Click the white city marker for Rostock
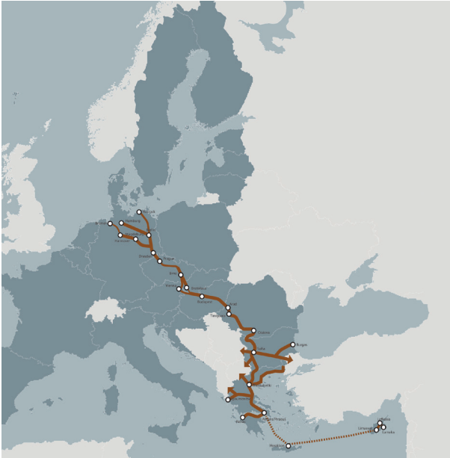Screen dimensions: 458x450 tap(140, 212)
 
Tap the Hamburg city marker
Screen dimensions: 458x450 tap(122, 223)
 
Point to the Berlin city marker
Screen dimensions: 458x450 tap(149, 235)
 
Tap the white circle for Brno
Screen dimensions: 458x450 tap(181, 275)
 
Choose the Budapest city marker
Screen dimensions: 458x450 tap(202, 297)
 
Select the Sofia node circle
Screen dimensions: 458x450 tap(254, 352)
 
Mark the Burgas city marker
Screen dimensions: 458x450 tap(292, 345)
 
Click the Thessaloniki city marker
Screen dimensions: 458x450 tap(249, 384)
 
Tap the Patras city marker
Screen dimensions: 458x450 tap(243, 417)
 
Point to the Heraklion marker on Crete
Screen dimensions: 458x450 tap(289, 446)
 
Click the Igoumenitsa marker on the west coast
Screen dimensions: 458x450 tap(228, 400)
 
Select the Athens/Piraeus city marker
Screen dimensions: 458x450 tap(264, 412)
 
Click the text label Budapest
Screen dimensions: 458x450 tap(204, 303)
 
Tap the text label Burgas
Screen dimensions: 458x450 tap(302, 344)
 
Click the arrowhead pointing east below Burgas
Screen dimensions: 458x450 tap(289, 359)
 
